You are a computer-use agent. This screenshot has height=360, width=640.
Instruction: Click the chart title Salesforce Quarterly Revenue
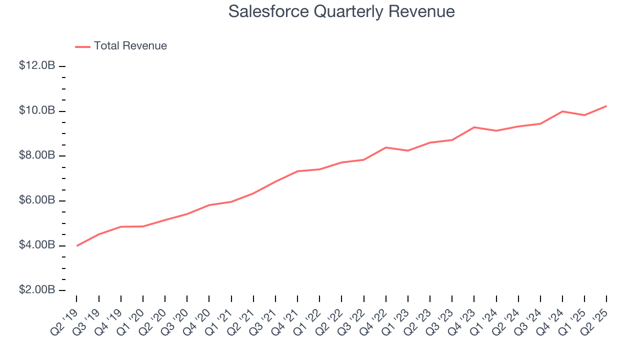(341, 11)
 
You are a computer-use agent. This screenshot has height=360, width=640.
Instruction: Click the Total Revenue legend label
(130, 46)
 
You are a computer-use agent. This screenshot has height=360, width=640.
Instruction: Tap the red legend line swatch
(82, 46)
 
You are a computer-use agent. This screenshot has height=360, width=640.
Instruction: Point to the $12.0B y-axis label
(37, 65)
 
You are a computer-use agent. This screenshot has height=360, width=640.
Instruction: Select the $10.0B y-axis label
(37, 110)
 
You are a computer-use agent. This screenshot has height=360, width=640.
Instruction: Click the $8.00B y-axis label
(37, 155)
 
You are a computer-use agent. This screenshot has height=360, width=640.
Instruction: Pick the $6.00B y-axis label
(37, 200)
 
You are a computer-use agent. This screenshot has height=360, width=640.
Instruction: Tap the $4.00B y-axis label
(37, 245)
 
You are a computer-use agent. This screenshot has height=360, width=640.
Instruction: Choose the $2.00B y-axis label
(37, 290)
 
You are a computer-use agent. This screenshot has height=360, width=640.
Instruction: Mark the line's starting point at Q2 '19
(76, 245)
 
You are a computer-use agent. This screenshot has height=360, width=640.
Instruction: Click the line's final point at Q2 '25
(606, 106)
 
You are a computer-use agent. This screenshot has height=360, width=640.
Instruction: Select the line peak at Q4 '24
(562, 111)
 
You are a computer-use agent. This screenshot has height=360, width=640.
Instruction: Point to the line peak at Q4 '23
(474, 127)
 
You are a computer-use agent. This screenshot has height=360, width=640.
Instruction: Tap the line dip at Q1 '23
(408, 150)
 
